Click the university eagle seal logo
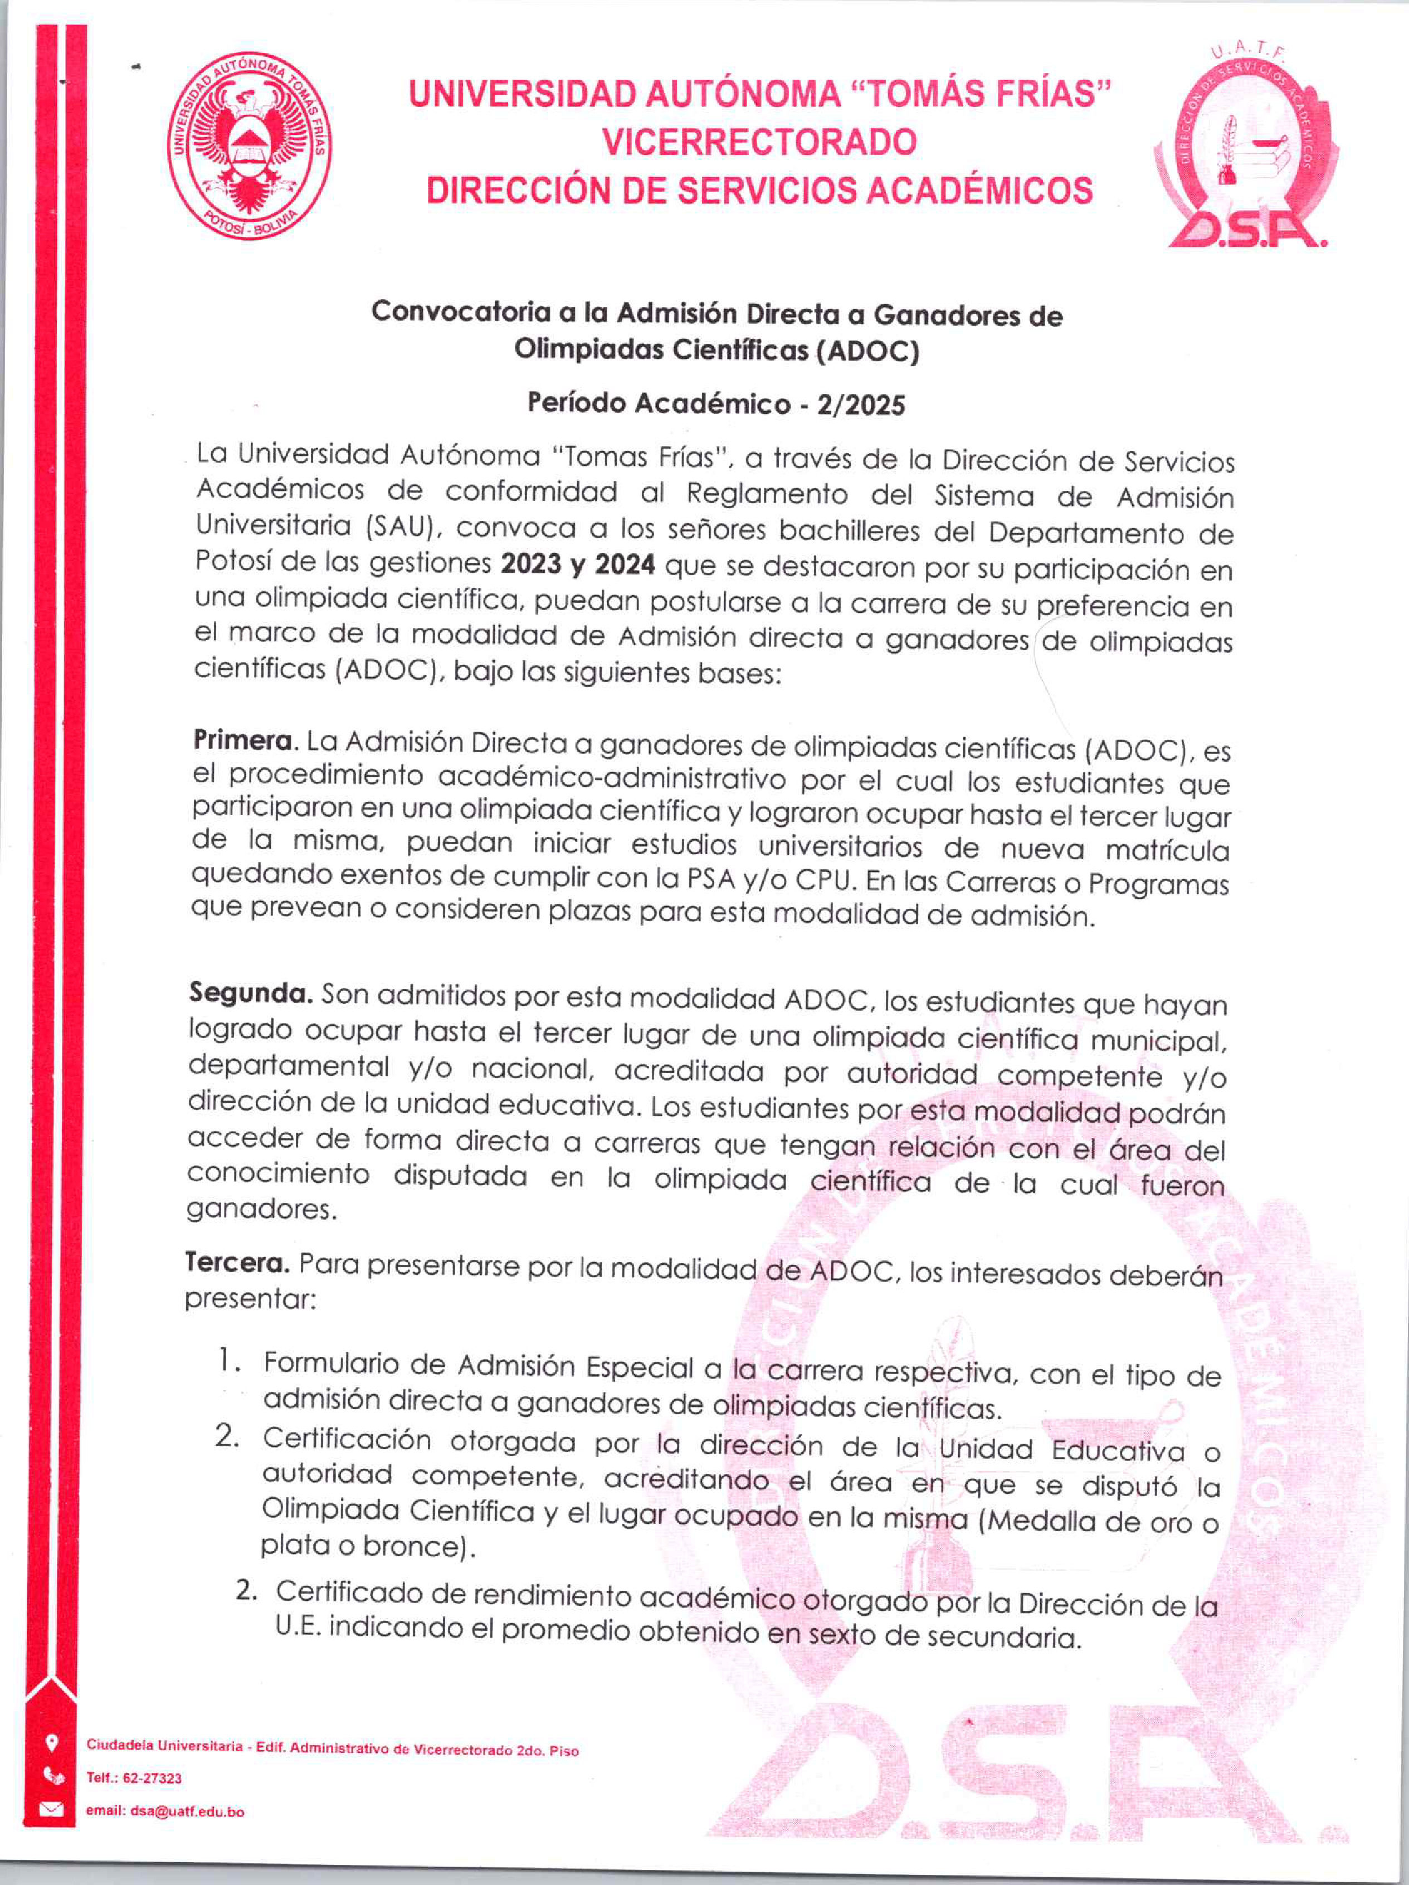click(248, 146)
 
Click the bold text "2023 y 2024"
click(578, 564)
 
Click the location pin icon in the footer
click(52, 1743)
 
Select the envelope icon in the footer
click(52, 1809)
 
